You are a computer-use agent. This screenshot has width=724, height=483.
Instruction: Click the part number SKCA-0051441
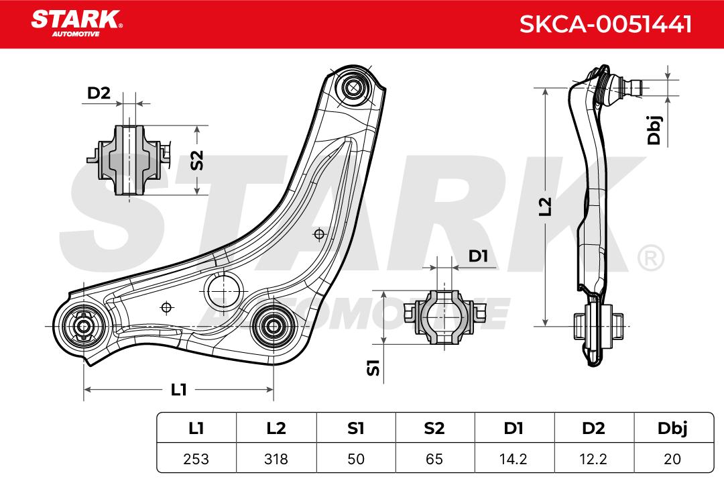click(x=605, y=24)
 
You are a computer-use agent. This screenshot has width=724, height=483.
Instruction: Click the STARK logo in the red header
click(x=76, y=23)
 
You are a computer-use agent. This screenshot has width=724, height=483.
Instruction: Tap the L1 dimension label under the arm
click(x=179, y=390)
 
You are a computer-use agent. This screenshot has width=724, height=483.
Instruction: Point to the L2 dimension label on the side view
click(x=546, y=206)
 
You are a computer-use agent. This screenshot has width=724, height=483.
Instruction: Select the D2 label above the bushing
click(x=99, y=93)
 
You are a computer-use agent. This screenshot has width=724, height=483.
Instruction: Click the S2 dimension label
click(x=197, y=160)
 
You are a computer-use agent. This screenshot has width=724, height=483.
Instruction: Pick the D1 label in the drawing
click(x=478, y=256)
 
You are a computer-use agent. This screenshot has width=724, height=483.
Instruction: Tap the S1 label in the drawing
click(x=373, y=368)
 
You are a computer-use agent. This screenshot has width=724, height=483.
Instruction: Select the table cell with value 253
click(x=196, y=458)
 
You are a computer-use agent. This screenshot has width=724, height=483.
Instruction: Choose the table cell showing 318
click(x=276, y=458)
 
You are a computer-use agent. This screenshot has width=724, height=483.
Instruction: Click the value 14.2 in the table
click(x=514, y=458)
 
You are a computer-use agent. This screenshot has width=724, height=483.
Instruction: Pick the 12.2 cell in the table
click(x=593, y=458)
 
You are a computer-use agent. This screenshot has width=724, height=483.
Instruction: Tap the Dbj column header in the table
click(x=672, y=429)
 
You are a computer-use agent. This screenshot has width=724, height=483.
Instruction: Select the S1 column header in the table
click(x=355, y=429)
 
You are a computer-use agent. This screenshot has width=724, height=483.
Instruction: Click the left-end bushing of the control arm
click(x=84, y=326)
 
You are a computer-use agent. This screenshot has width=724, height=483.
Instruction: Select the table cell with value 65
click(x=434, y=458)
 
